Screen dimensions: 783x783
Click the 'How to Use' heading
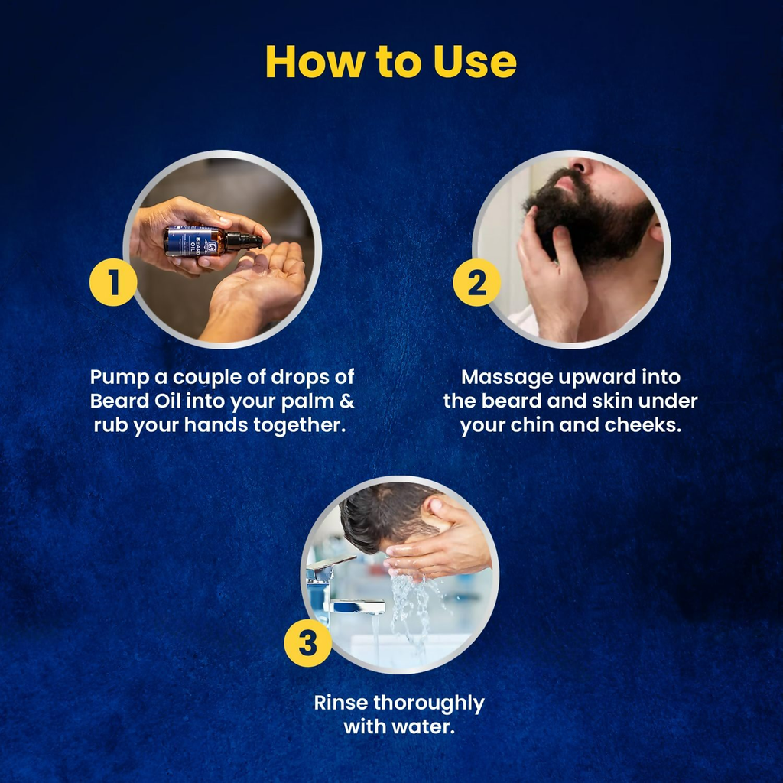391,62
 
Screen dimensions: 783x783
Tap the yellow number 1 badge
113,282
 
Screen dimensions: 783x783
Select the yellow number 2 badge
476,282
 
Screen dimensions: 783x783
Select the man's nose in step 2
579,166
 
